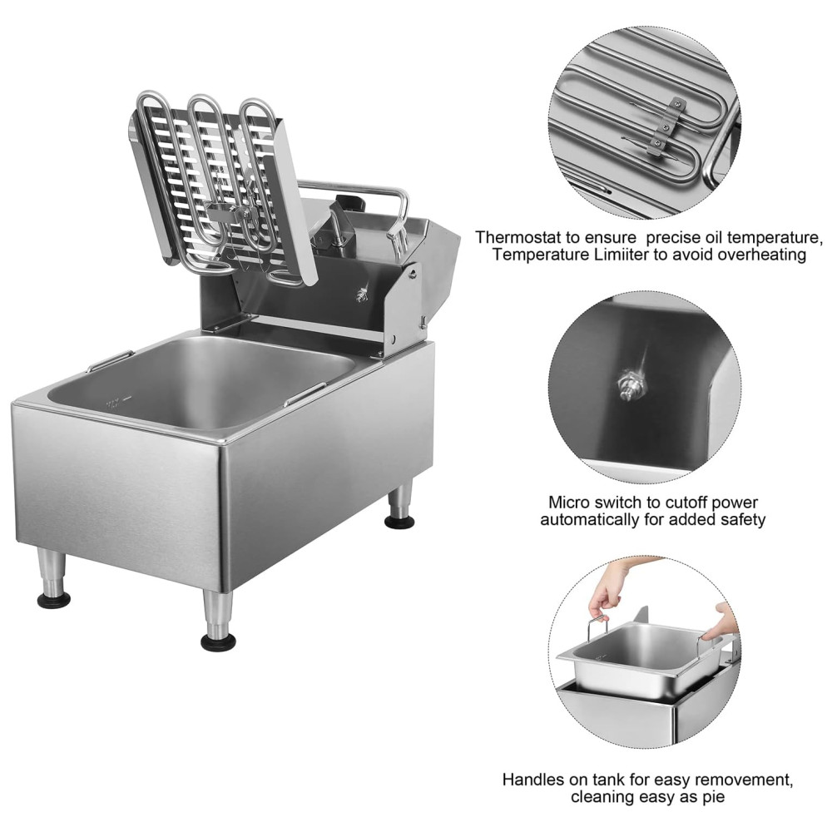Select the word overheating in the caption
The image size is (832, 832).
coord(762,254)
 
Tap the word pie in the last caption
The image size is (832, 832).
coord(713,797)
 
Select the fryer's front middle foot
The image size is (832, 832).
coord(217,621)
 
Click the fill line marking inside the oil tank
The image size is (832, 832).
coord(118,402)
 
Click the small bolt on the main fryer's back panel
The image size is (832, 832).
coord(363,295)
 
